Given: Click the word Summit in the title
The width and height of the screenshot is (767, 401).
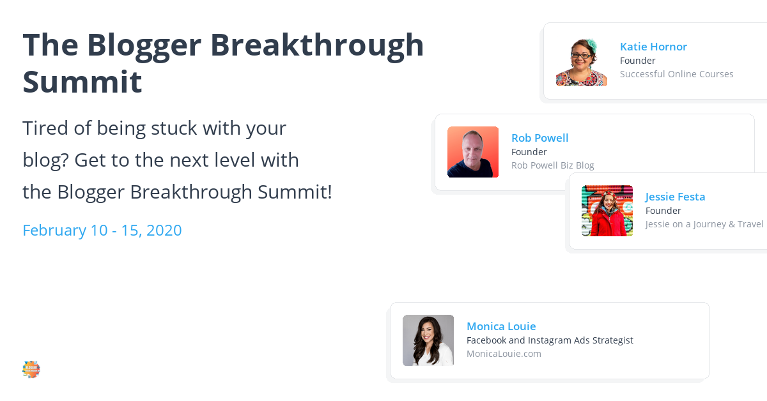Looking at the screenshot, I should coord(82,82).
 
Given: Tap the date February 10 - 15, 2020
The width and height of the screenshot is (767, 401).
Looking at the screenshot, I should coord(102,231).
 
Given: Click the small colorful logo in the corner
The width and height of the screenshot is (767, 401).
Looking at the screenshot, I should coord(31,369).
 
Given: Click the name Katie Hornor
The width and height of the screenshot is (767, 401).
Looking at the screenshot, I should coord(653,47).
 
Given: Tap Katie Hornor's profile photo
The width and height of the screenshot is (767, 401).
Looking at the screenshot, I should coord(582,61).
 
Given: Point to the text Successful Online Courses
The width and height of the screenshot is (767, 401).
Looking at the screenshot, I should coord(676,74).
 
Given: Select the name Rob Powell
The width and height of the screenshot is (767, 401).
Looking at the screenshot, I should coord(539,138).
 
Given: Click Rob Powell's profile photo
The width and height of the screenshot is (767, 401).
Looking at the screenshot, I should coord(473,152).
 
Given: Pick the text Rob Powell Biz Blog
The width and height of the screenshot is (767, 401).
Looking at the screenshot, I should coord(552,165).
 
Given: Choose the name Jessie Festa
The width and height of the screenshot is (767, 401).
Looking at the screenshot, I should coord(675,197).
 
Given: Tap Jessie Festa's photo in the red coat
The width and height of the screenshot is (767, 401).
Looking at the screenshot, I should coord(607,211).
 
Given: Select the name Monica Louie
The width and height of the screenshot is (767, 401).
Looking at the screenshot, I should coord(501,326).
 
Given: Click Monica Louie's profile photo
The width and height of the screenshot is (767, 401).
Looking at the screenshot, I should coord(428,340).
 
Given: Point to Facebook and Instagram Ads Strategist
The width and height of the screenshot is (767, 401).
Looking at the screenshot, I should coord(550,340).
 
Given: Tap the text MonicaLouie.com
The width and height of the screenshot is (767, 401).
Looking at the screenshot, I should coord(504,354).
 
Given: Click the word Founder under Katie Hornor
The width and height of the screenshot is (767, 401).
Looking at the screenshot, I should coord(637,61).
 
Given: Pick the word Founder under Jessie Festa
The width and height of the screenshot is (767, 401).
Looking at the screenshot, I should coord(663,211).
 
